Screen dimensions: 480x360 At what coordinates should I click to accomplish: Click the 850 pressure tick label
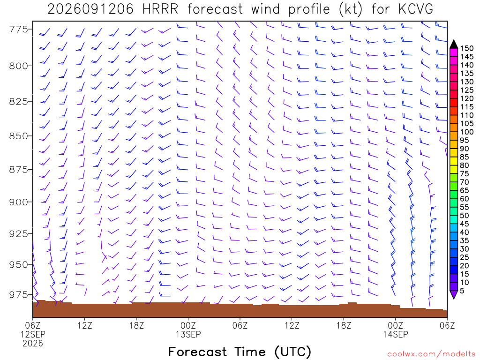click(18, 136)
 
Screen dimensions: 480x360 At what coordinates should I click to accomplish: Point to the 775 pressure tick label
click(18, 30)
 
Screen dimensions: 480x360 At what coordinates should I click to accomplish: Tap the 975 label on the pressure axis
click(18, 294)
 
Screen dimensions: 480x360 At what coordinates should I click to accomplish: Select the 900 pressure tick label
click(18, 202)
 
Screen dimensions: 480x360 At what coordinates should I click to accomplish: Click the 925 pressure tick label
click(18, 234)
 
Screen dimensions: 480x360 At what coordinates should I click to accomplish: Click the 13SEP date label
click(188, 334)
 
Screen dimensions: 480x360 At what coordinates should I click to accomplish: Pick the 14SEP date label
click(396, 334)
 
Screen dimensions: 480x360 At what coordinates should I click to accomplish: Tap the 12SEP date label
click(33, 334)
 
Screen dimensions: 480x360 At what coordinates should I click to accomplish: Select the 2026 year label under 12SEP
click(33, 344)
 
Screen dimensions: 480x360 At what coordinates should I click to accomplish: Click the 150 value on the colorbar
click(467, 48)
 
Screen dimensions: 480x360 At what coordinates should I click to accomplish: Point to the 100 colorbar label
click(467, 132)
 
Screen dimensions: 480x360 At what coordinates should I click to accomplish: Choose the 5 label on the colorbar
click(462, 291)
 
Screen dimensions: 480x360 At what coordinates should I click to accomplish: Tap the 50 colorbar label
click(465, 216)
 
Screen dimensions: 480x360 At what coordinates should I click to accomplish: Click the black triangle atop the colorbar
click(454, 45)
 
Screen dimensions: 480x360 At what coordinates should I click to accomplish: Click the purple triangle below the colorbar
click(454, 294)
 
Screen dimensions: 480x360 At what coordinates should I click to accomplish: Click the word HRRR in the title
click(160, 9)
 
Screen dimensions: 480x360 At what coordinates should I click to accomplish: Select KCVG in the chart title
click(416, 9)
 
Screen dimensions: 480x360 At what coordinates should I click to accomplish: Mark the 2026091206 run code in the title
click(90, 9)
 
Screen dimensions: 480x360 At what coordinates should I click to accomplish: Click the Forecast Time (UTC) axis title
click(240, 352)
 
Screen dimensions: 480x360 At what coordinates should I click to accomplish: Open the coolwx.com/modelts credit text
click(431, 354)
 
